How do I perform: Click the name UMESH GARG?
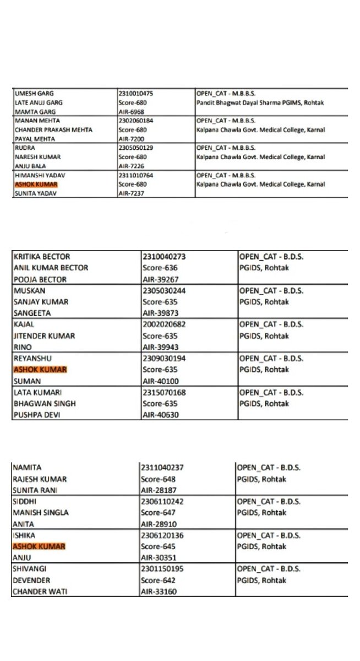point(32,94)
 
